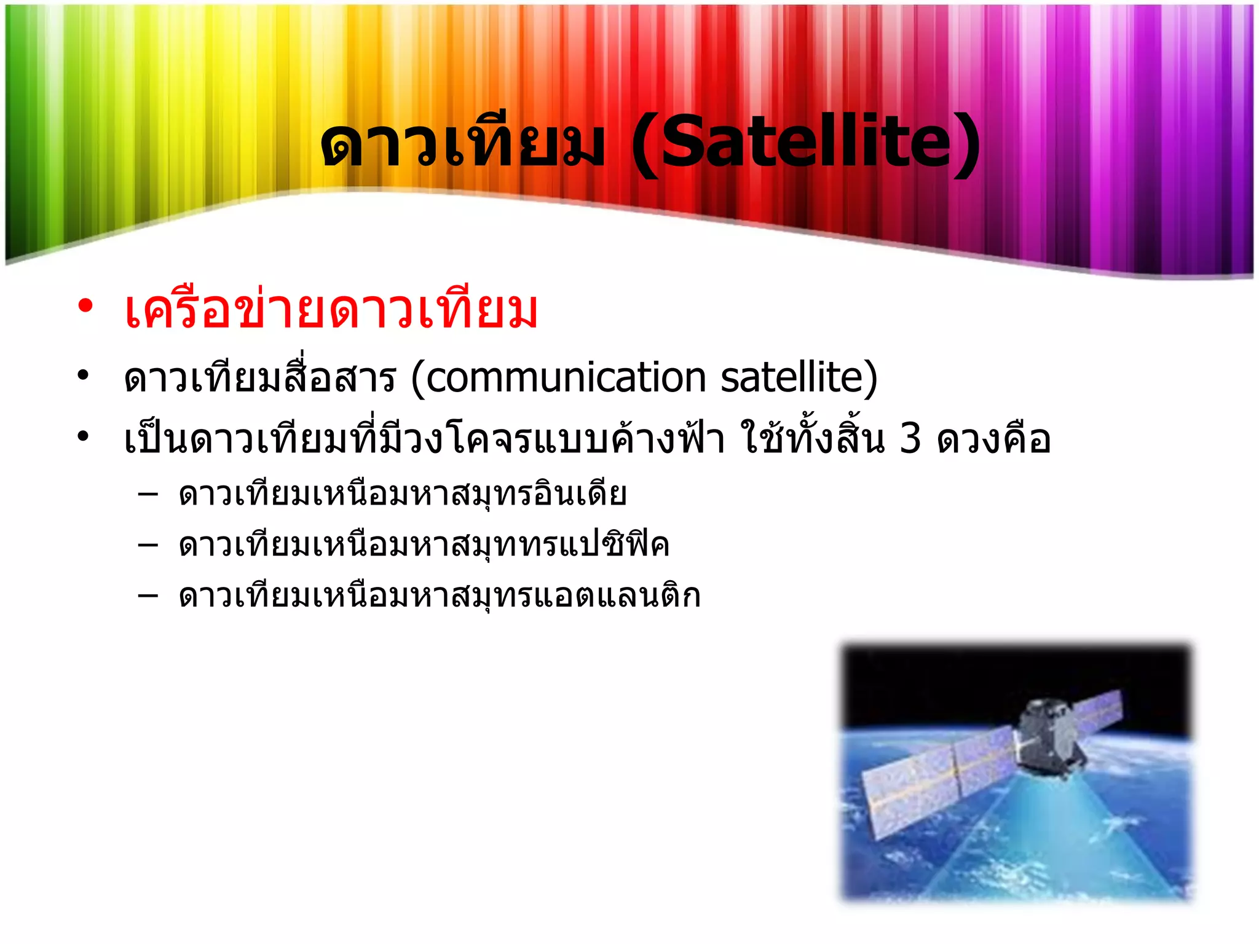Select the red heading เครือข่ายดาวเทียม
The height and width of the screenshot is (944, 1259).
[x=331, y=310]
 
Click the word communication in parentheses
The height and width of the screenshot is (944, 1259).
[x=566, y=377]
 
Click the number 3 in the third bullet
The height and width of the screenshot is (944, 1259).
[x=910, y=439]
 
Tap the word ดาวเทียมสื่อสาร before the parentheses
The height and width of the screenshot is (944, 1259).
[x=259, y=377]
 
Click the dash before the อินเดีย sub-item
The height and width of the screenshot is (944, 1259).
[x=148, y=494]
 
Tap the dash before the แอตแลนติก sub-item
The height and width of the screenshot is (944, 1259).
[x=148, y=595]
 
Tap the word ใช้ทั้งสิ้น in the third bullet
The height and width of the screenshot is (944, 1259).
[x=811, y=439]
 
